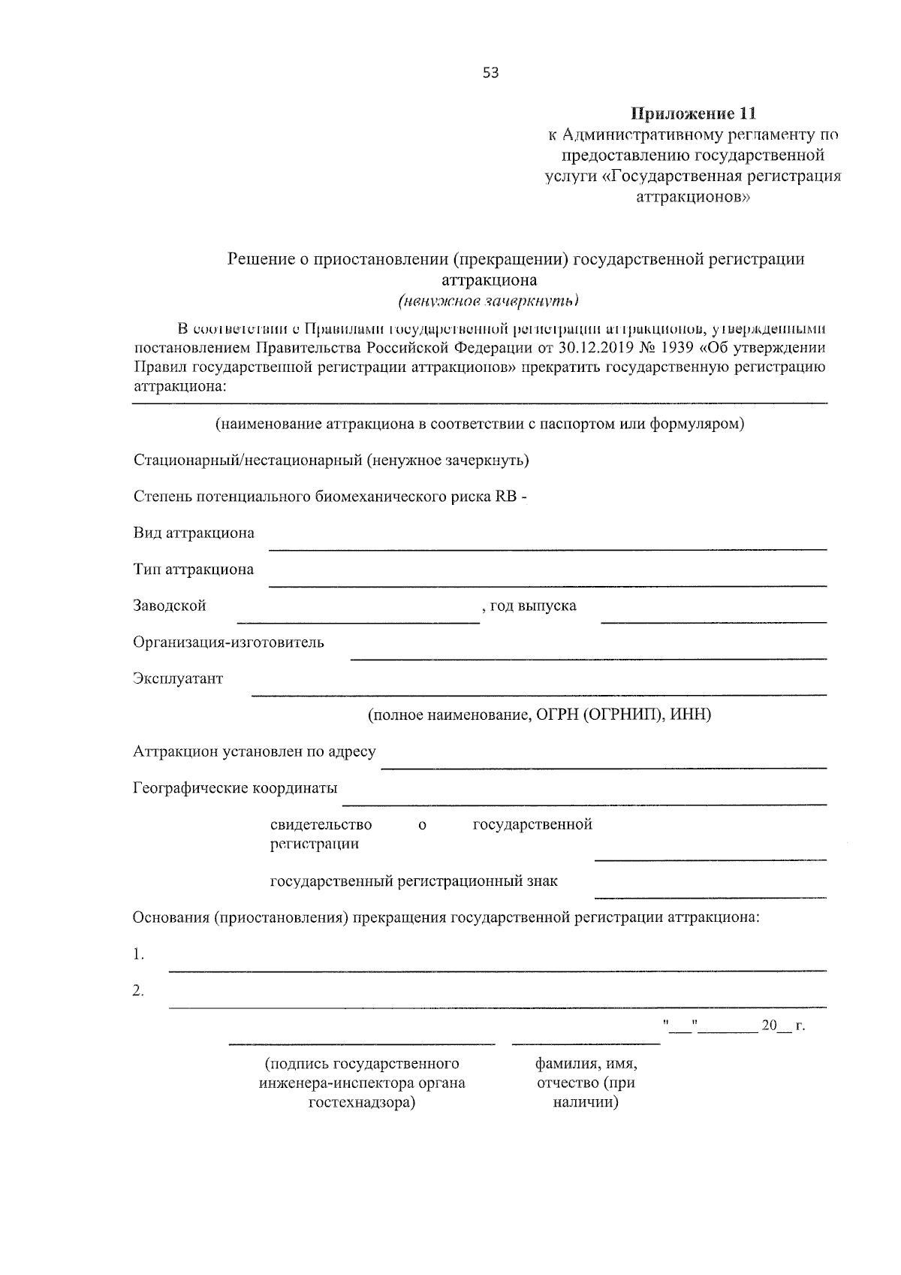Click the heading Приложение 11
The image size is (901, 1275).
pos(692,114)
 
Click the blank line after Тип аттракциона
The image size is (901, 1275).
pos(547,585)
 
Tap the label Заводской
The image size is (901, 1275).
pos(170,606)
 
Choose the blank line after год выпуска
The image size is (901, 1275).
pos(713,621)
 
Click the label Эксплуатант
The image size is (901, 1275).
pos(178,678)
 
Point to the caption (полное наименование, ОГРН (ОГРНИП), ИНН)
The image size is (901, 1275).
pos(538,715)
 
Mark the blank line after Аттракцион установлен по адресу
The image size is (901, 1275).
pos(604,767)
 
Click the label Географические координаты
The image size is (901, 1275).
pos(235,788)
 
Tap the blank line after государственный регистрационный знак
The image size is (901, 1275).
pos(710,896)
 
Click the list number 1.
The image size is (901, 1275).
pos(138,955)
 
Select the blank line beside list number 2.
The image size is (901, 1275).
pos(497,1006)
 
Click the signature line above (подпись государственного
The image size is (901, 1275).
pos(362,1044)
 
